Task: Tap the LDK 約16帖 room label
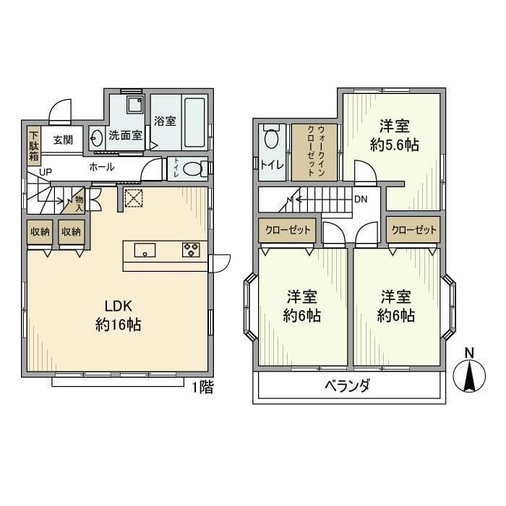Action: (118, 315)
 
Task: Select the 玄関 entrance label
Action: (63, 140)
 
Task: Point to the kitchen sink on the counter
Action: (145, 250)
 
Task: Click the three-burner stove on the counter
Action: (191, 250)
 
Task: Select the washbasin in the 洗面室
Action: (96, 139)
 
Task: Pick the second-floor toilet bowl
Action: (271, 137)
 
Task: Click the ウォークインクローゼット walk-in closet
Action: (314, 152)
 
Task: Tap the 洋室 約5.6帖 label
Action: (395, 136)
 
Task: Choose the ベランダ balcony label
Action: (347, 385)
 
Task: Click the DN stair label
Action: (361, 199)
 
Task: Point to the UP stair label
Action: (46, 172)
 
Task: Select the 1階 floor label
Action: (203, 387)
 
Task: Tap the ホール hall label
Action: (101, 167)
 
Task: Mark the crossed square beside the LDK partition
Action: (133, 197)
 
